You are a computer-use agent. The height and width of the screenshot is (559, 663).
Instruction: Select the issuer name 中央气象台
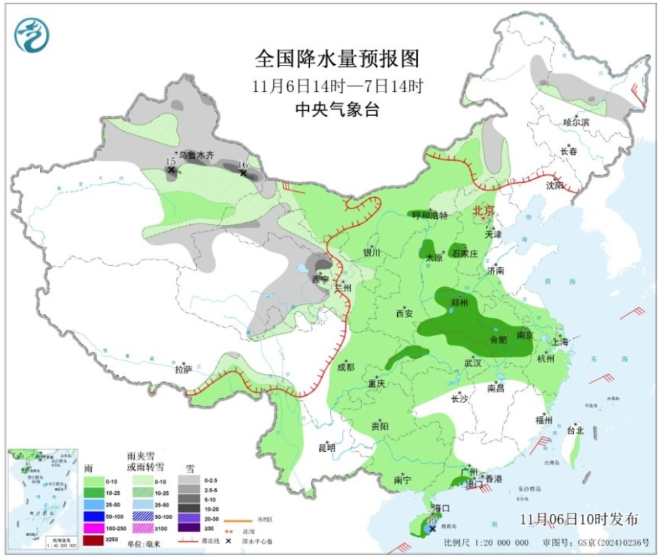(337, 109)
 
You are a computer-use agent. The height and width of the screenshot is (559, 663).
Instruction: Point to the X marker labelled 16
(243, 173)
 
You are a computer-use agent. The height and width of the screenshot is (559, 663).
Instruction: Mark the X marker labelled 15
(171, 169)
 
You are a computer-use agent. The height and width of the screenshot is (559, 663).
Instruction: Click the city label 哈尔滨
(576, 122)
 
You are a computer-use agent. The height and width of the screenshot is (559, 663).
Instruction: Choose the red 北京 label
(483, 210)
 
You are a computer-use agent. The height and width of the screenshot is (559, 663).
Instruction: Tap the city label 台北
(575, 430)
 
